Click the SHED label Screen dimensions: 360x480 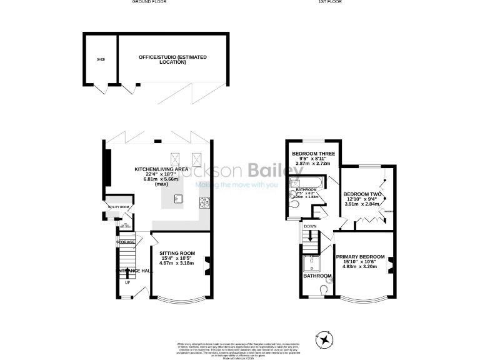tap(100, 59)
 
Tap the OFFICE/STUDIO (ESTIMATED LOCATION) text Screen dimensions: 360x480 tap(172, 59)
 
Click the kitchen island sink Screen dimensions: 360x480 tap(177, 199)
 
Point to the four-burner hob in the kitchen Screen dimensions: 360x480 tap(204, 201)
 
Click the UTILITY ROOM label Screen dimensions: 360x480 tap(118, 207)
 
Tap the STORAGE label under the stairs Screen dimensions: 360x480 tap(125, 241)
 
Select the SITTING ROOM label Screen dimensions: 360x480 tap(176, 253)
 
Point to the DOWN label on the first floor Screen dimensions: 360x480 tap(310, 226)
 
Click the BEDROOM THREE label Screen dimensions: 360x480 tap(313, 153)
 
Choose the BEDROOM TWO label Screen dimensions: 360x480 tap(362, 194)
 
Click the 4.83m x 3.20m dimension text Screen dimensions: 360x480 tap(361, 267)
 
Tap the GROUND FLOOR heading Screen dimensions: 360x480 tap(149, 2)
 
